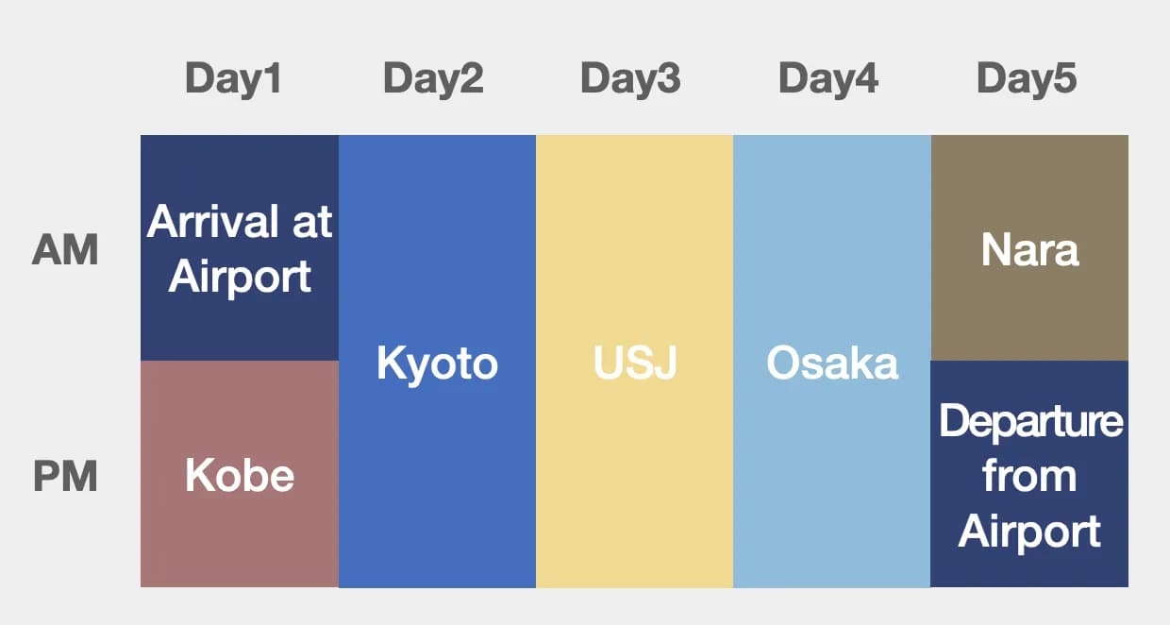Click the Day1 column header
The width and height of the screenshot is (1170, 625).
pos(233,78)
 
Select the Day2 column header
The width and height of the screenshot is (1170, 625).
pos(433,78)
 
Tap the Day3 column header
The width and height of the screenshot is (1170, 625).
pos(630,78)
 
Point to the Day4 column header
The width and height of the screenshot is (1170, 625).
pos(828,78)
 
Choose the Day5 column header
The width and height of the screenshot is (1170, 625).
pos(1027,78)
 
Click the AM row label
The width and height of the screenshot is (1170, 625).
pos(65,251)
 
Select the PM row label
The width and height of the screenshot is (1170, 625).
pos(65,477)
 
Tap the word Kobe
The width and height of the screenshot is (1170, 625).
pos(240,476)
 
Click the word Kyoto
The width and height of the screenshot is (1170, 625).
pos(437,363)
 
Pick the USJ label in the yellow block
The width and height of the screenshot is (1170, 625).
pos(635,363)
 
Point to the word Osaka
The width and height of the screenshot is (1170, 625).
pos(832,363)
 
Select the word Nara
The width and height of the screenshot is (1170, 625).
pos(1029,251)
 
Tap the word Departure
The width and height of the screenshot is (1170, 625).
pos(1030,421)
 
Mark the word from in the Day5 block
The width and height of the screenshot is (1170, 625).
pos(1029,476)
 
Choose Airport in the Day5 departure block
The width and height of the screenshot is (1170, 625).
pos(1029,532)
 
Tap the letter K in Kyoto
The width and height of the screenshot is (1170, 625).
pos(389,363)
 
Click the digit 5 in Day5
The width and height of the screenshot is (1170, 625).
pos(1064,78)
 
